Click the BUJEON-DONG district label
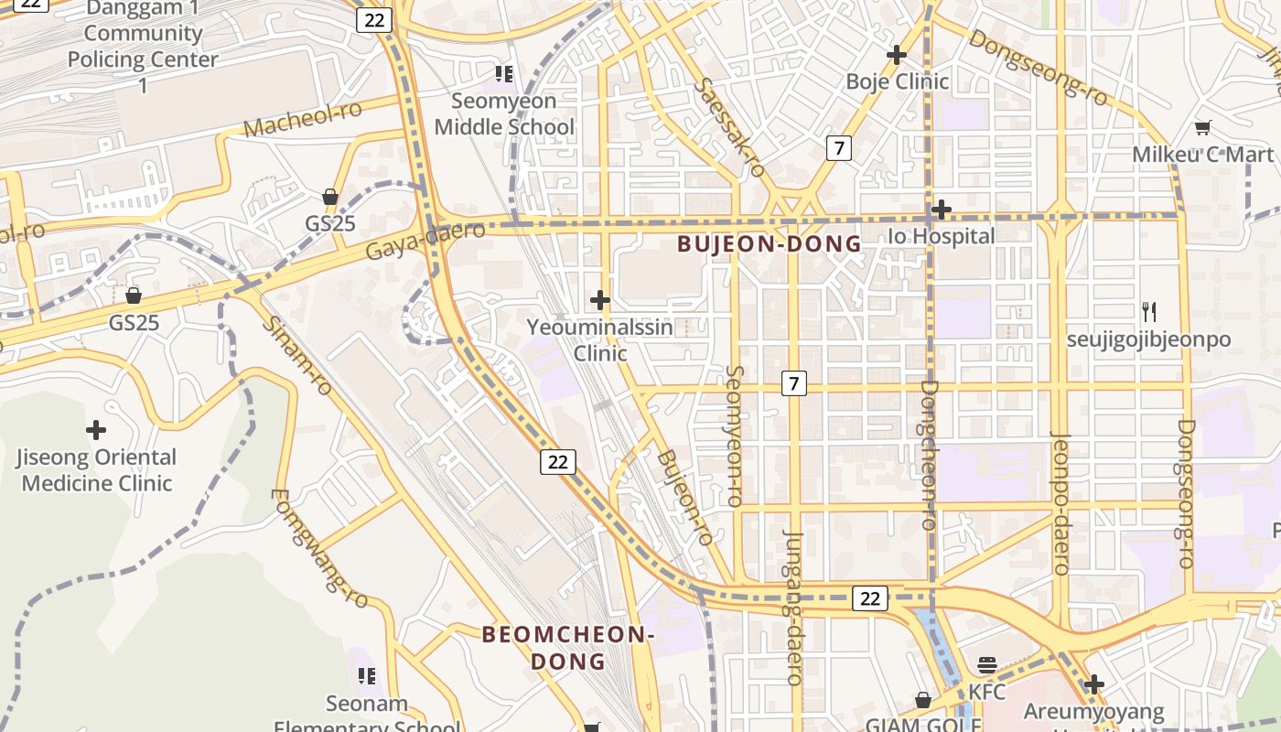click(770, 244)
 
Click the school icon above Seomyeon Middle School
click(503, 73)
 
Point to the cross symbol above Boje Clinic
click(897, 55)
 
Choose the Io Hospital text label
click(941, 236)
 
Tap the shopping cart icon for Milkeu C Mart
click(1203, 128)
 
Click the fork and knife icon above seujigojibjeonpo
click(1149, 312)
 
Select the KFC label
click(986, 692)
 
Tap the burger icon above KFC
click(986, 665)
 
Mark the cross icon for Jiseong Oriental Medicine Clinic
click(96, 429)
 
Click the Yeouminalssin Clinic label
click(600, 339)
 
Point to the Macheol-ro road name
click(303, 120)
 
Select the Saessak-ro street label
click(730, 127)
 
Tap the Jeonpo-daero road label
click(1061, 502)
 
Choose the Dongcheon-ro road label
click(930, 455)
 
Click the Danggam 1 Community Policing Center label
click(143, 47)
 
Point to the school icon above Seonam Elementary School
click(367, 676)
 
